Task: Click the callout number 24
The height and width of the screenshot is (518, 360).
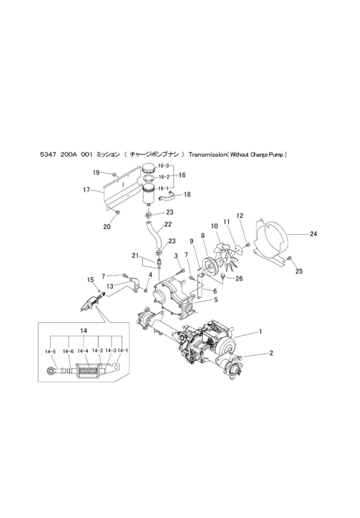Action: coord(314,234)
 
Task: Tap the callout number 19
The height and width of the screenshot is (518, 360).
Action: coord(96,172)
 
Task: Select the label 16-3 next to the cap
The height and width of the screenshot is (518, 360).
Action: coord(164,166)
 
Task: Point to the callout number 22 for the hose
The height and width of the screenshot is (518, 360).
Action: coord(168,224)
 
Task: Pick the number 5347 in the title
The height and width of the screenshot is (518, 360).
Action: coord(46,154)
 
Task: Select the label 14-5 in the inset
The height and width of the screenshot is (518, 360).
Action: coord(50,352)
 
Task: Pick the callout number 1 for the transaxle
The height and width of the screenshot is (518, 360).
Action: coord(261,331)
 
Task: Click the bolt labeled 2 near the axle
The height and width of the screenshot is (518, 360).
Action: coord(239,358)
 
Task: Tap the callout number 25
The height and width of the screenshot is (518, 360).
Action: coord(299,271)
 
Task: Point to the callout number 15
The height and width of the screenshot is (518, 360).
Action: coord(91,280)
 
